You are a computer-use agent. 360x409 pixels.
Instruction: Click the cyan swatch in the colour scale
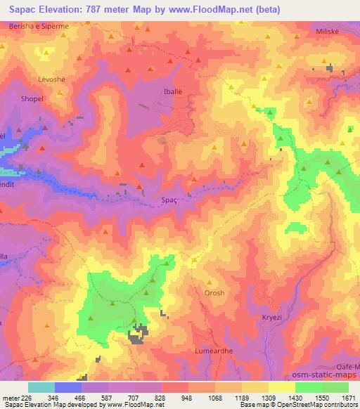tap(41, 387)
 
